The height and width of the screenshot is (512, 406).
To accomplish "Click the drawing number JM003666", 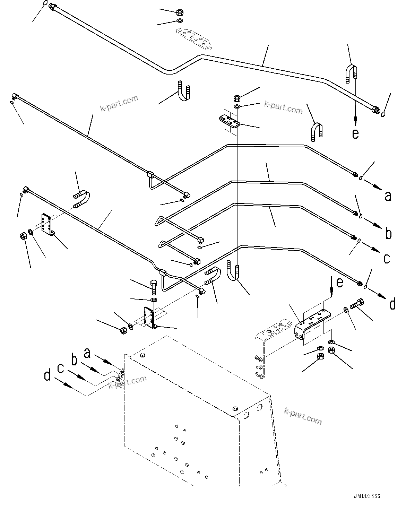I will click(x=367, y=496).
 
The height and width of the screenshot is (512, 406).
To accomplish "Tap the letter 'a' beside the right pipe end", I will click(x=388, y=196).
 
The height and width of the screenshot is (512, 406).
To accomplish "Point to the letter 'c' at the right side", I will click(x=387, y=258).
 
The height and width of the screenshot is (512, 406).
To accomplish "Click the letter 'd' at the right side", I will click(x=392, y=304).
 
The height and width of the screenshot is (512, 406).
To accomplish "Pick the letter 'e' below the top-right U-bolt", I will click(x=355, y=134).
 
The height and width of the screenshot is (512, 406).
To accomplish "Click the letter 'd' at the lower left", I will click(x=47, y=375).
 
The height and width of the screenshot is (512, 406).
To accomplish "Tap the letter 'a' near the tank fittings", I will click(x=87, y=353).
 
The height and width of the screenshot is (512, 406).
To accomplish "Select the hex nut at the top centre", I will click(x=180, y=13).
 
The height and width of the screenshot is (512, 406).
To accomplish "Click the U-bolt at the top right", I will click(x=351, y=73).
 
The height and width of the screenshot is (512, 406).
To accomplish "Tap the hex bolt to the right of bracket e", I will click(x=357, y=304).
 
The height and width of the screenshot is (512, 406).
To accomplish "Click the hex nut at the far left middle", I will click(x=24, y=237).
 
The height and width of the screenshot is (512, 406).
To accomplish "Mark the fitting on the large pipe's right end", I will click(x=374, y=110).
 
